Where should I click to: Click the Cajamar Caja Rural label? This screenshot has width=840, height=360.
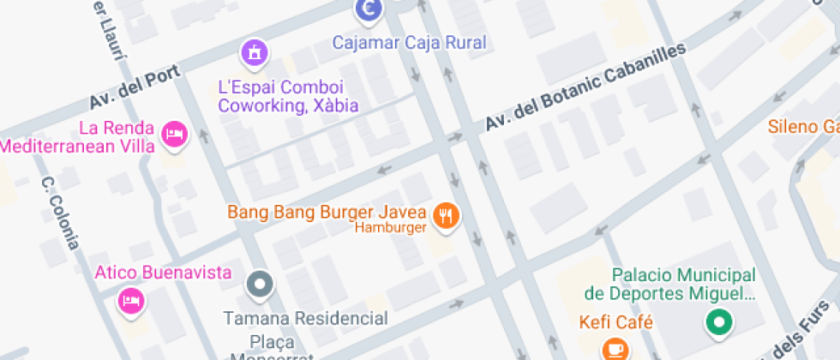[409, 42]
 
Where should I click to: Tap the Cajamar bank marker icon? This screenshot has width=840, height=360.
[369, 10]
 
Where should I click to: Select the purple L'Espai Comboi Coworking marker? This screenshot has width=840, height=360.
[254, 54]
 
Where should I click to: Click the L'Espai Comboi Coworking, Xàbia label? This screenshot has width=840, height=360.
[288, 97]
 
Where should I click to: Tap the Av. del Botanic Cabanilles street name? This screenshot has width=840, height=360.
[586, 87]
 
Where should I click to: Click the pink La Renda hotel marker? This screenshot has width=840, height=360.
[175, 135]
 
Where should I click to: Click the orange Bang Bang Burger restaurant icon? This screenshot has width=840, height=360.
[445, 214]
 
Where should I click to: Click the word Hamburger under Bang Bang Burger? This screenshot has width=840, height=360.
[390, 228]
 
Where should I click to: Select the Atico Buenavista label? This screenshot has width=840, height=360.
[163, 273]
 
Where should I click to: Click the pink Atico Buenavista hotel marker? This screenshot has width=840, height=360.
[130, 301]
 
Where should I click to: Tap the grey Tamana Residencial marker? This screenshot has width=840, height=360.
[259, 282]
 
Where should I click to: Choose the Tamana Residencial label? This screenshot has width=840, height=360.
[305, 319]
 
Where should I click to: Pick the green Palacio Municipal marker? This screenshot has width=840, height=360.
[719, 322]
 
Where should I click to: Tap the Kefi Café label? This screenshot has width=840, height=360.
[616, 323]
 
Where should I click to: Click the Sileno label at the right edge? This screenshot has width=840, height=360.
[803, 128]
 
